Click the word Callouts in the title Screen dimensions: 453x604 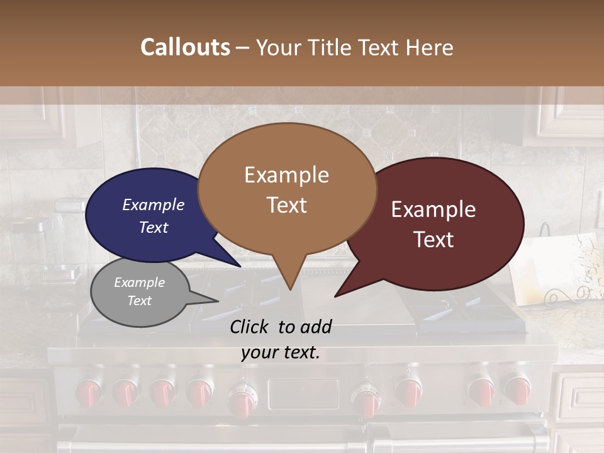[x=185, y=47]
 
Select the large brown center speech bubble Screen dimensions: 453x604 [x=288, y=189]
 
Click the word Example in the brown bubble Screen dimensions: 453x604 [x=286, y=175]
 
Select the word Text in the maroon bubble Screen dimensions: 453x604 [x=434, y=240]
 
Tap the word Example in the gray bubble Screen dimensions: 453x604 [x=139, y=282]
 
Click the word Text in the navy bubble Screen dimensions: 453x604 [x=154, y=228]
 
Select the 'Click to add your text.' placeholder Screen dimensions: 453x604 [x=281, y=340]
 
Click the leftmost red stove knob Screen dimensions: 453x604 [x=88, y=393]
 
